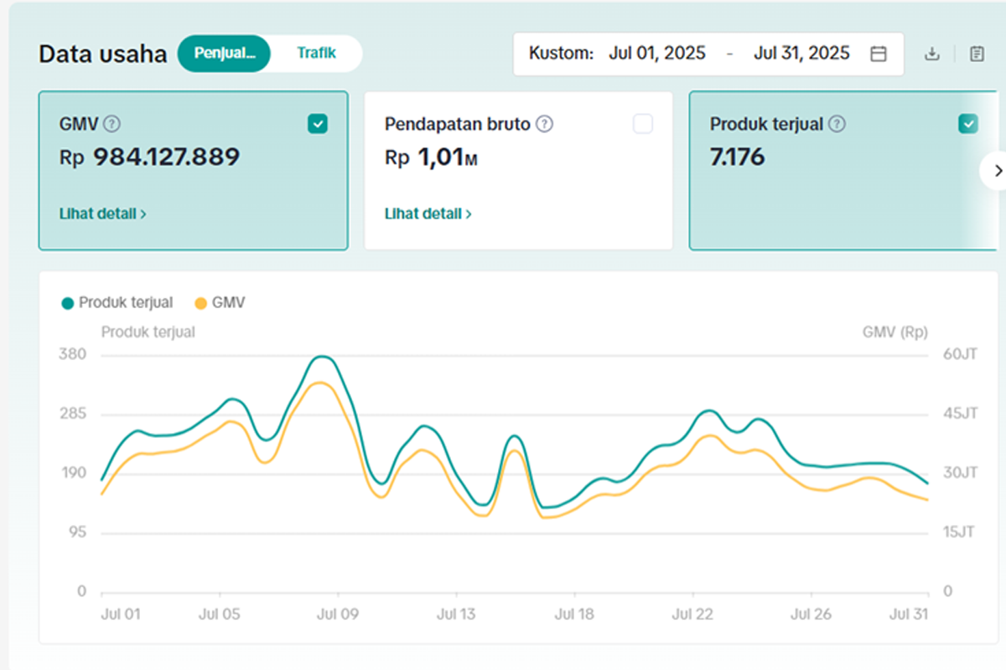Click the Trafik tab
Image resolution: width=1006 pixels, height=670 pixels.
(316, 53)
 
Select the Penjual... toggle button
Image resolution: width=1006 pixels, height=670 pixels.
(224, 54)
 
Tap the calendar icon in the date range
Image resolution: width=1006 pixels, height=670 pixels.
(879, 54)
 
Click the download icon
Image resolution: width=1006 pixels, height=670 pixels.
(932, 54)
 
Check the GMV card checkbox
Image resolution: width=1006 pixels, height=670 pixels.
(318, 124)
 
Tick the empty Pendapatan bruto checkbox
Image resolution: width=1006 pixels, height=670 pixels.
(643, 124)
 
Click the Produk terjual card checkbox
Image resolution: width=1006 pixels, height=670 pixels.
(967, 124)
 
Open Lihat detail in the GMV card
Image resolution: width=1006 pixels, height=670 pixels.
(103, 214)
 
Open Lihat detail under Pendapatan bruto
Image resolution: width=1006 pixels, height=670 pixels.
(428, 214)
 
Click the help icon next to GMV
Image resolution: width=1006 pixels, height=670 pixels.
(111, 124)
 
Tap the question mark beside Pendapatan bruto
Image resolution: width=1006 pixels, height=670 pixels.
(545, 124)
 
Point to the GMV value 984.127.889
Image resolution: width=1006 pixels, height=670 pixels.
(166, 157)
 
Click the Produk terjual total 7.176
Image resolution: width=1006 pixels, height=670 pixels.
(737, 157)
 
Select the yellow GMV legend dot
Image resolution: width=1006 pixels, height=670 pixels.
(200, 303)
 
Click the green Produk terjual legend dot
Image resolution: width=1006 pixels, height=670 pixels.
(67, 303)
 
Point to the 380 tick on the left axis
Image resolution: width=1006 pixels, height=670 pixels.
(72, 354)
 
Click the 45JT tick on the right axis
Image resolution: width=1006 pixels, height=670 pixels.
(960, 414)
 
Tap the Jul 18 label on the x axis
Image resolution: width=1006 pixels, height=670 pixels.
(574, 614)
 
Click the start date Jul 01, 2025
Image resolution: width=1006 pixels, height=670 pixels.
(657, 53)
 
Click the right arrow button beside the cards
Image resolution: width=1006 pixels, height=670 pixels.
(996, 171)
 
